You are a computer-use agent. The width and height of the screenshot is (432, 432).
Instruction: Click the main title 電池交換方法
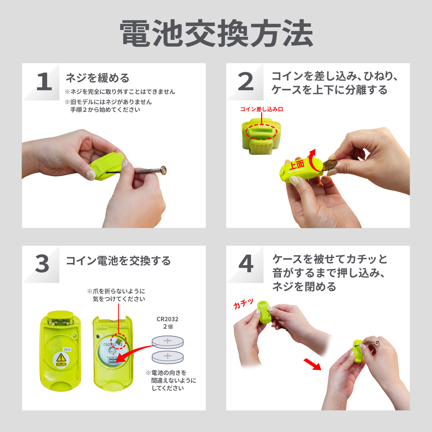(x=216, y=33)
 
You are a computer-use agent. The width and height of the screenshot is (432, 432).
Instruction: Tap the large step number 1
(x=44, y=82)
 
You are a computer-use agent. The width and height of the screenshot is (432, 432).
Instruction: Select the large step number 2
(x=246, y=82)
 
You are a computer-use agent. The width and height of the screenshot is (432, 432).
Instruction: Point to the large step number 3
(x=42, y=264)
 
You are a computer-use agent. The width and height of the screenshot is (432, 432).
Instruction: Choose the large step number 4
(x=246, y=264)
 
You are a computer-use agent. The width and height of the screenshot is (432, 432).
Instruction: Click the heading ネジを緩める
(x=97, y=78)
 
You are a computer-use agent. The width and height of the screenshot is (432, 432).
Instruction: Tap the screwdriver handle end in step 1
(x=163, y=170)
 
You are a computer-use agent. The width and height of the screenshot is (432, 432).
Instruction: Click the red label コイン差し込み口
(x=262, y=109)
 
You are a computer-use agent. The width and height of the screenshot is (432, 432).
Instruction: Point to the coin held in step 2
(x=330, y=165)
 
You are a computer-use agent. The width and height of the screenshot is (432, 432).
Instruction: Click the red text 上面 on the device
(x=297, y=165)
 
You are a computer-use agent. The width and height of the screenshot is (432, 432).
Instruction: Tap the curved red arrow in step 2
(x=311, y=161)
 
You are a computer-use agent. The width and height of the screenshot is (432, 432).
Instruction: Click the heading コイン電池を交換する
(x=118, y=261)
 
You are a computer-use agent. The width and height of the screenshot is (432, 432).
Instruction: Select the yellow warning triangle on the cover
(x=61, y=358)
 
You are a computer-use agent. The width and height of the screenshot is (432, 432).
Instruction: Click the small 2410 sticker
(x=67, y=349)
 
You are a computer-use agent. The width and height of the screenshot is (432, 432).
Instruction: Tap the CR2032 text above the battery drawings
(x=167, y=319)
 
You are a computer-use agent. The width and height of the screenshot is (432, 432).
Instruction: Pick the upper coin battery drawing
(x=168, y=342)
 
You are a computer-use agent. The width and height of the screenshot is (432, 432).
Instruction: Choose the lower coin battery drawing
(x=168, y=357)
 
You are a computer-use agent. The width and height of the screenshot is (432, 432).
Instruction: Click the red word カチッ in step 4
(x=243, y=304)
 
